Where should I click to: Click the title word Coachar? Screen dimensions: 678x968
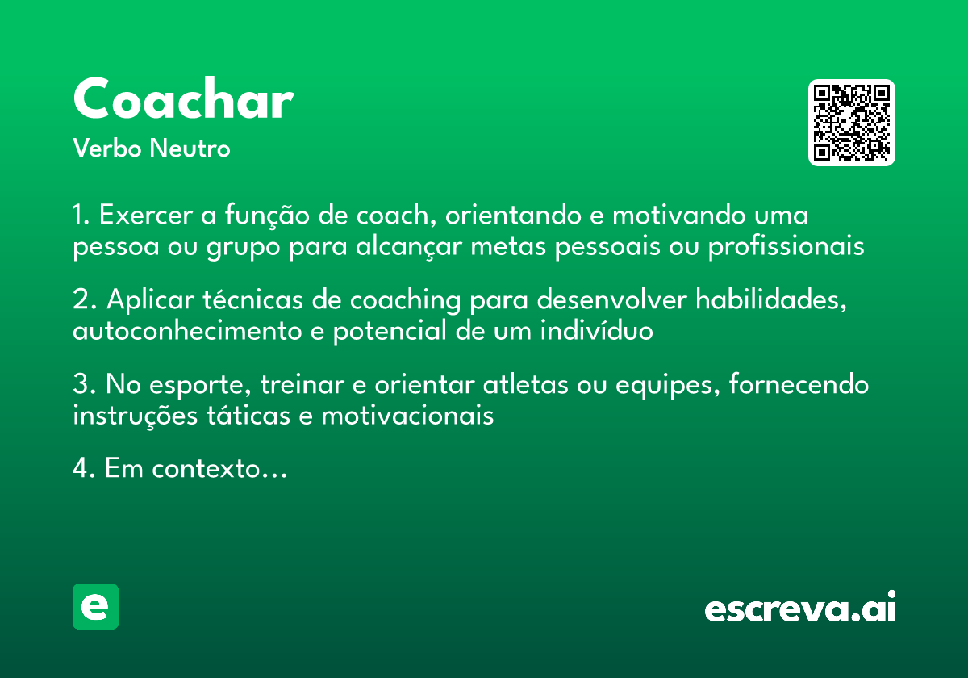(182, 100)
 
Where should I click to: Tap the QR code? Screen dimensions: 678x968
(852, 123)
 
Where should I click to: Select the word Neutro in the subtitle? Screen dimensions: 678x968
(190, 149)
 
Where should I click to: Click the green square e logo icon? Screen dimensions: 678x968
(95, 606)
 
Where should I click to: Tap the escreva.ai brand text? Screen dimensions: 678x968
(800, 609)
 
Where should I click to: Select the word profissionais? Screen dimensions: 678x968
(786, 247)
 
